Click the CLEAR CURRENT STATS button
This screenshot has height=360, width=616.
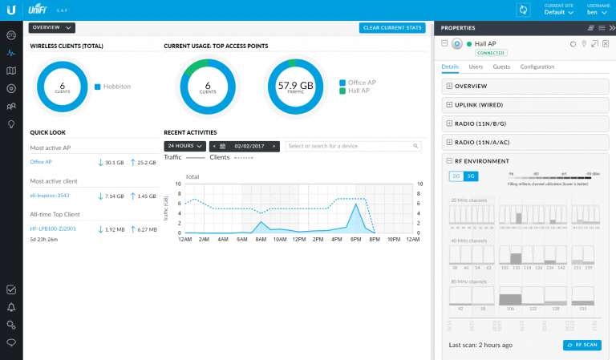[392, 28]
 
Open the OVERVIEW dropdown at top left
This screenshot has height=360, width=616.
[51, 28]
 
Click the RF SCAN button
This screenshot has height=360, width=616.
[582, 345]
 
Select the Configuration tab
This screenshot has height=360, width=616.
[537, 67]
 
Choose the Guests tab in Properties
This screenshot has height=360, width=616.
[501, 67]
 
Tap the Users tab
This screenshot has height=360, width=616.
[476, 67]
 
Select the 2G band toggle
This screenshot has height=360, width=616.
[456, 176]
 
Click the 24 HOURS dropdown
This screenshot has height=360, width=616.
[184, 146]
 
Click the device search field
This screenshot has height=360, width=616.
[353, 146]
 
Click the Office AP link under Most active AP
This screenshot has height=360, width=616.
[41, 162]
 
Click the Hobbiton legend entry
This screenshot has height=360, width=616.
[118, 86]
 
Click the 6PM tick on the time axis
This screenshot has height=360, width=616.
[355, 239]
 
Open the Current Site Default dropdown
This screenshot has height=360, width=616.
[559, 13]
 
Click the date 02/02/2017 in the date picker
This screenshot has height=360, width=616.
[248, 146]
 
